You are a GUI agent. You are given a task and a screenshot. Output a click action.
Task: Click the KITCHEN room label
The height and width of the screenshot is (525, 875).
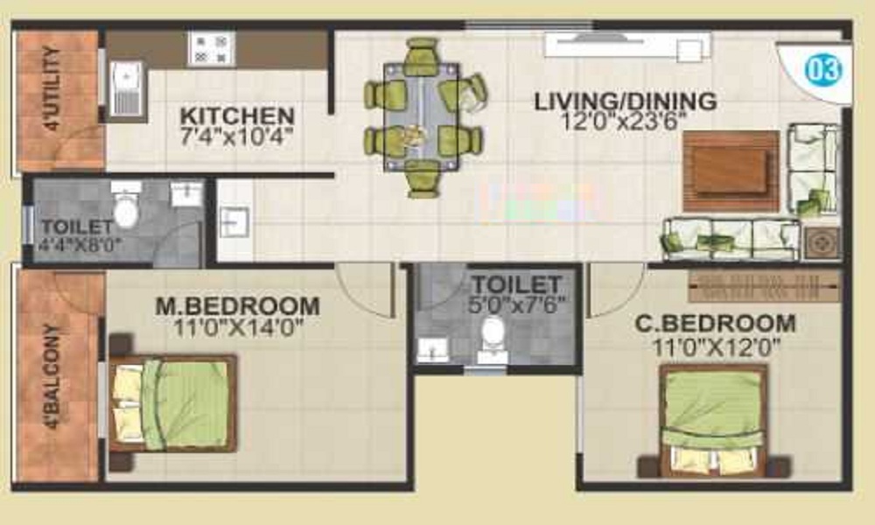[x=237, y=116]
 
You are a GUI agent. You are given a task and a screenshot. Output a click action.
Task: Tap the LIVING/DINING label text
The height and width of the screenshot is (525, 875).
[x=626, y=101]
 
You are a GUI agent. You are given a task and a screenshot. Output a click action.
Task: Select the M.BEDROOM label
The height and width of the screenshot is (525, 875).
[x=238, y=305]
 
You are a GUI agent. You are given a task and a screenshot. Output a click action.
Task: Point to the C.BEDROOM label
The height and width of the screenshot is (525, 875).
[x=716, y=324]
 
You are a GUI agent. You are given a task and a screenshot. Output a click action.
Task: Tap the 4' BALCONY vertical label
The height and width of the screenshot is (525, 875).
[x=53, y=375]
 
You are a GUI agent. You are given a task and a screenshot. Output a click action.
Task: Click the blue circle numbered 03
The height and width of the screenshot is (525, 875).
[x=823, y=70]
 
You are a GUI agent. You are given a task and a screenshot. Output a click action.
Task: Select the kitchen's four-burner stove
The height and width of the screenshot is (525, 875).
[x=212, y=48]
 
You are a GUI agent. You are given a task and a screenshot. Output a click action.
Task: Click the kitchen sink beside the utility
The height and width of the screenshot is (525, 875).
[x=127, y=87]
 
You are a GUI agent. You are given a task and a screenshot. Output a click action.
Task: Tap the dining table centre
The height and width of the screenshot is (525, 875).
[x=422, y=116]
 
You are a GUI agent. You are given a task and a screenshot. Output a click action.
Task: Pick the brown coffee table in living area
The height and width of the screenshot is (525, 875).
[x=731, y=171]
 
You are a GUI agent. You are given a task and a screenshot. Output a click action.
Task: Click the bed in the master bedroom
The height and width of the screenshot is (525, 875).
[x=173, y=403]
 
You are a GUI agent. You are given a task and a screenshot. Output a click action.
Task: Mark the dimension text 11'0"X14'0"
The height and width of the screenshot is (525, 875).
[x=238, y=327]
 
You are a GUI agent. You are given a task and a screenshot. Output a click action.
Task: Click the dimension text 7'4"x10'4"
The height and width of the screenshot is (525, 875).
[x=236, y=136]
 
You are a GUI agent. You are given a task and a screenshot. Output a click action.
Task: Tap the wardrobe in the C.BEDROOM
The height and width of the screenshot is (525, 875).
[x=765, y=286]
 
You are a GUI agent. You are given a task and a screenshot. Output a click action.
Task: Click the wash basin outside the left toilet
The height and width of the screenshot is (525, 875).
[x=234, y=221]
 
